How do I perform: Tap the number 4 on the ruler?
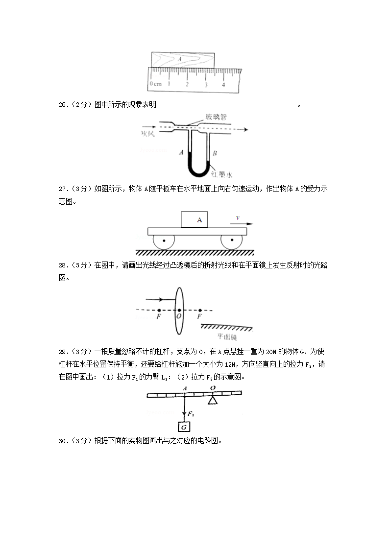223,85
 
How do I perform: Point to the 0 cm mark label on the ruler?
155,84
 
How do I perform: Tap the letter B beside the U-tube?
214,154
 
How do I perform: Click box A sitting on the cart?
194,219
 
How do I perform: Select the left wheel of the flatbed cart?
163,241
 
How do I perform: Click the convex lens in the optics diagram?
179,310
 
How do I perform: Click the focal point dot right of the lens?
200,310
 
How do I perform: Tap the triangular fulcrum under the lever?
212,401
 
